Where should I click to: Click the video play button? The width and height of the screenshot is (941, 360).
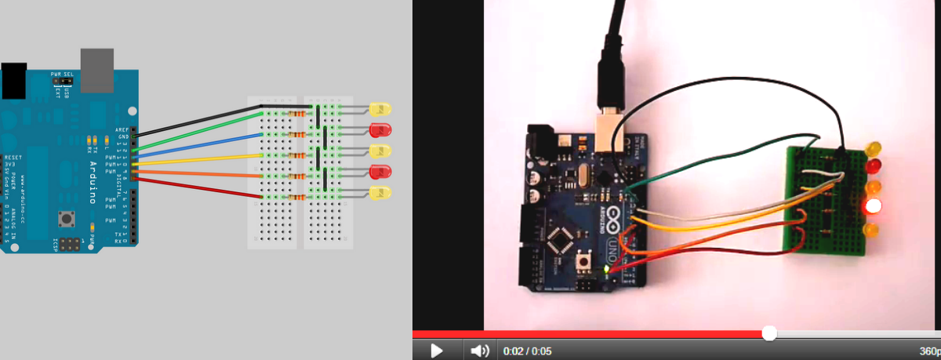(437, 351)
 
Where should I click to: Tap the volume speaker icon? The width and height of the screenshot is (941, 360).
(479, 351)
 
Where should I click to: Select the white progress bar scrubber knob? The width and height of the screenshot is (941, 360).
(769, 333)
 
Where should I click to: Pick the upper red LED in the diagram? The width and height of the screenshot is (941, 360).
(381, 129)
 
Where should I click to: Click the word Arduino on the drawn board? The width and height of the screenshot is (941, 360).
(93, 180)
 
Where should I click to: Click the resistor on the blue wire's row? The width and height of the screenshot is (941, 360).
(298, 135)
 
